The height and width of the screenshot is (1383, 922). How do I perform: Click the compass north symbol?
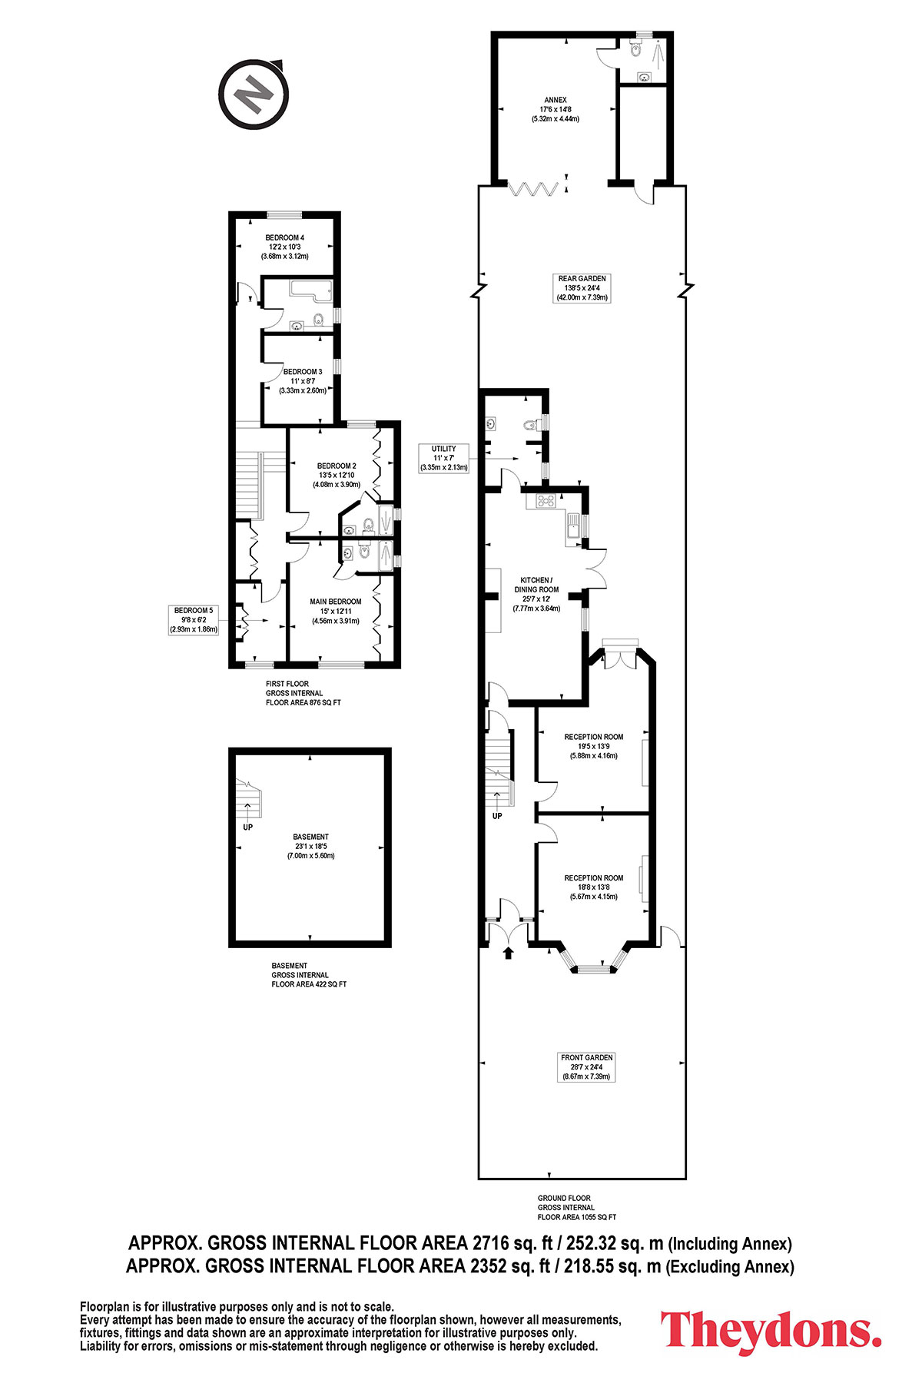pos(254,95)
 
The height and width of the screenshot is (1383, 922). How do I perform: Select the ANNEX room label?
pos(555,109)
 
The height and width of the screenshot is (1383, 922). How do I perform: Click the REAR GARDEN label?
pos(582,287)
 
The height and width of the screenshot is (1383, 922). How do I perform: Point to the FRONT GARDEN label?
pos(587,1067)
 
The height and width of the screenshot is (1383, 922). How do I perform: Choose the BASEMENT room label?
pos(310,846)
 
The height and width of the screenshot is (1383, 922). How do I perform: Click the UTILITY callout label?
pos(444,458)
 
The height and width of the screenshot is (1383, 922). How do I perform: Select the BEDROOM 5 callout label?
pos(194,619)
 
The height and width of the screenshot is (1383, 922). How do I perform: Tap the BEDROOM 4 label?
pos(285,247)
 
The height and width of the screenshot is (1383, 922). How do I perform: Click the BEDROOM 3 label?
pos(303,380)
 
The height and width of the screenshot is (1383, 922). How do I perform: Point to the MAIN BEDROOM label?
pos(336,611)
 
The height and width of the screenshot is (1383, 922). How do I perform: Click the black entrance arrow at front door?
pos(507,954)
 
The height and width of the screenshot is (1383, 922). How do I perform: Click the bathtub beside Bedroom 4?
pos(310,290)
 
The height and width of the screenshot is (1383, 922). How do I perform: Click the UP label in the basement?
pos(247,827)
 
